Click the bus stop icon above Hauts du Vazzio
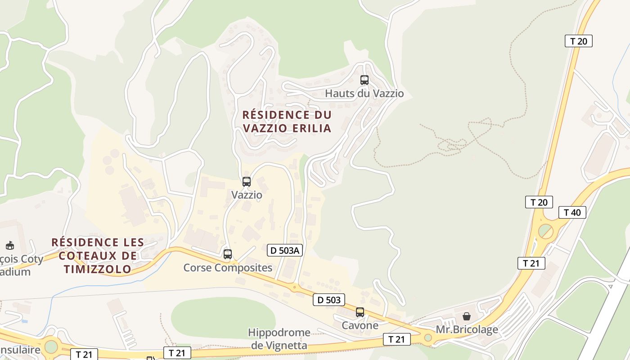(364, 80)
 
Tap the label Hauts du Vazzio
(364, 94)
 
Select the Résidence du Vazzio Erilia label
(287, 121)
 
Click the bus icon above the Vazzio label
(247, 182)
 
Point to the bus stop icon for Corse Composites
(228, 254)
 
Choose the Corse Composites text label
(228, 268)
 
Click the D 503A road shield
(284, 250)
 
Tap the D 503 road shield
(329, 299)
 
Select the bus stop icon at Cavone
(360, 312)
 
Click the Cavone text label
(360, 325)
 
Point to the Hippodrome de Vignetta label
(279, 339)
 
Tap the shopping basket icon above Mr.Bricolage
(467, 316)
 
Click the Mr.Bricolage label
(467, 329)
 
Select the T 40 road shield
(572, 212)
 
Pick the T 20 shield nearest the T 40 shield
(539, 202)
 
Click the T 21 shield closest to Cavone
(396, 339)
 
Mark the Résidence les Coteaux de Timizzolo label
(98, 256)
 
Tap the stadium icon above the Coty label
(9, 246)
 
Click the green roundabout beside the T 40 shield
(546, 231)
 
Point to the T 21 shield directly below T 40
(531, 263)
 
